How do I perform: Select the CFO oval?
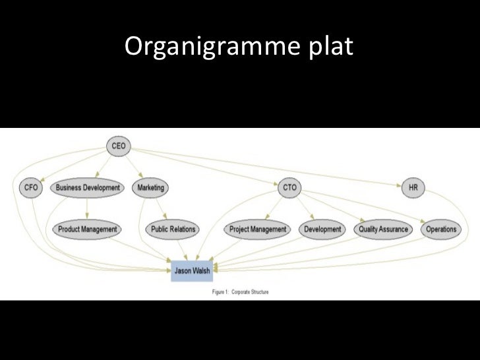[x=30, y=188]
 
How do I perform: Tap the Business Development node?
[x=88, y=188]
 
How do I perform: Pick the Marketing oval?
[x=150, y=188]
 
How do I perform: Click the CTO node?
[x=289, y=188]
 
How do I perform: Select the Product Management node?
[x=87, y=229]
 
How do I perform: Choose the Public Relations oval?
[x=173, y=229]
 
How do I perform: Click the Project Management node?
[x=258, y=229]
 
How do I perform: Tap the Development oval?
[x=322, y=229]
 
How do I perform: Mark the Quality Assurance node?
[x=383, y=229]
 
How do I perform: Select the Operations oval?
[x=441, y=229]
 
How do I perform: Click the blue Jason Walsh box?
[x=192, y=270]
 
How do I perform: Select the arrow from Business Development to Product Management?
[x=88, y=208]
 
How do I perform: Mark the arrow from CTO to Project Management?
[x=275, y=208]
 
